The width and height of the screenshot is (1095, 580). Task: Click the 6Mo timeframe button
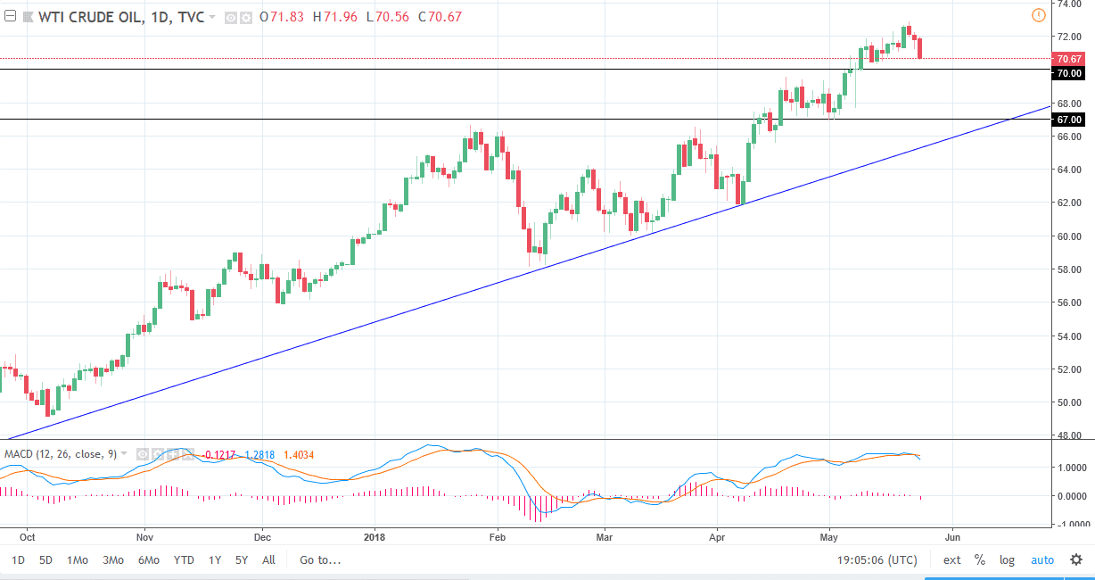point(148,560)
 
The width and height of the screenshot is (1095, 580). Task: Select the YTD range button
point(184,560)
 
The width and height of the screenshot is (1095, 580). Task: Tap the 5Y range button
point(242,560)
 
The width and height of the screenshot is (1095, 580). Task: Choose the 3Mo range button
point(113,560)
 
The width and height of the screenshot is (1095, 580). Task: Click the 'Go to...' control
point(320,560)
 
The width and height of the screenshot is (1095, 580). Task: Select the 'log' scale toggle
point(1008,560)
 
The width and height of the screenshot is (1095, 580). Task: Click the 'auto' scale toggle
point(1042,560)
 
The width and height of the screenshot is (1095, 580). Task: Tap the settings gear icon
point(1076,560)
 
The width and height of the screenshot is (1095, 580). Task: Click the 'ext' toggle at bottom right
point(952,560)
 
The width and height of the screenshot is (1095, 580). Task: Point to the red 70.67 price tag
point(1068,59)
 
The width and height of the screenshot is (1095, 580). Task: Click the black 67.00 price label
point(1068,120)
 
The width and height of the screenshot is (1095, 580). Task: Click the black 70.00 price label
point(1068,73)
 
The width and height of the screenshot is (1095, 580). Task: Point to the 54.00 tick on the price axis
point(1069,336)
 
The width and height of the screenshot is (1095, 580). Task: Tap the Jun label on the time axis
point(951,538)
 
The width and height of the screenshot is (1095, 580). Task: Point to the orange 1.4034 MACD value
point(298,454)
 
